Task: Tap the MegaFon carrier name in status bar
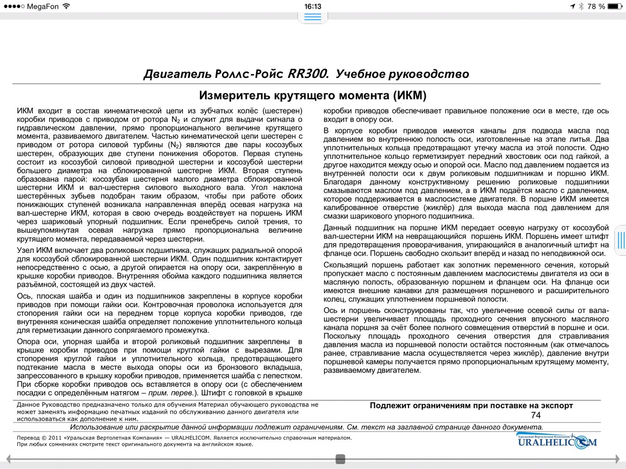coord(43,6)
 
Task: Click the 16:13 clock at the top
coord(313,6)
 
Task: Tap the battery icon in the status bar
coord(614,6)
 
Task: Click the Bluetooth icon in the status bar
coord(581,6)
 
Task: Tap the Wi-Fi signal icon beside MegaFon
coord(66,6)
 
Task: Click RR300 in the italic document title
coord(308,74)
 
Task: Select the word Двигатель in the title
coord(177,74)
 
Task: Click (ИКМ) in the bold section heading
coord(410,95)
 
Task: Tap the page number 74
coord(535,415)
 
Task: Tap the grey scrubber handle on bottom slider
coord(340,459)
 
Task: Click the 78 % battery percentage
coord(596,6)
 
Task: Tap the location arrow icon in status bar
coord(572,6)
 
